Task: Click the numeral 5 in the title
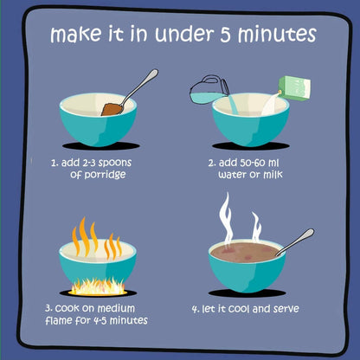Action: [227, 35]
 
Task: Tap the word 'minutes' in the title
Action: [277, 35]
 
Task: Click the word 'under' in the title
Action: [184, 34]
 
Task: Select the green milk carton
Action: [294, 88]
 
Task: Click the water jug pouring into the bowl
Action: [209, 89]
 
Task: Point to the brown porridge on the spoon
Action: [112, 110]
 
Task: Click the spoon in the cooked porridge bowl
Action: [295, 242]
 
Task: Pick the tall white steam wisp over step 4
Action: [226, 218]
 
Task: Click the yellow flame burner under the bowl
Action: [98, 287]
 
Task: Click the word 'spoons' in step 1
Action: [115, 163]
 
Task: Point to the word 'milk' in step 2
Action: [273, 174]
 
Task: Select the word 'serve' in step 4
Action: [286, 309]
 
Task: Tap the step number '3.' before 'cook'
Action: [48, 308]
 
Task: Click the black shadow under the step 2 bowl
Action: [250, 145]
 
